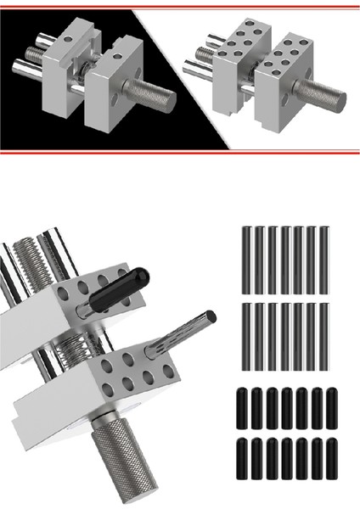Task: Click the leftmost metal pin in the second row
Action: [246, 336]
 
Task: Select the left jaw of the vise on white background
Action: [233, 72]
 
